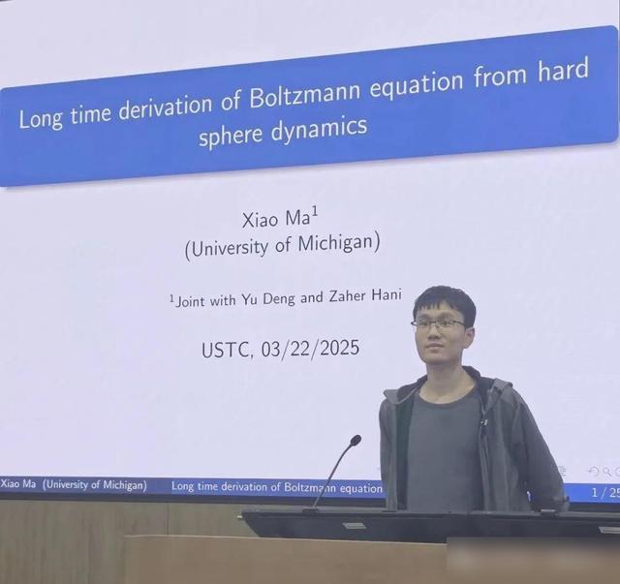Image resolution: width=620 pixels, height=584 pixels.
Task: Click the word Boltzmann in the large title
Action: (305, 93)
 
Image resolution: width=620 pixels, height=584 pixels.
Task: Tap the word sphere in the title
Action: (231, 136)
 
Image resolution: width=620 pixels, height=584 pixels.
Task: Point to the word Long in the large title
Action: (42, 118)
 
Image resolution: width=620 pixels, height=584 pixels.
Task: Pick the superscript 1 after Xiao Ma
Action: (315, 214)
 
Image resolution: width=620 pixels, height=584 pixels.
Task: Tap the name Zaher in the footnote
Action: (347, 296)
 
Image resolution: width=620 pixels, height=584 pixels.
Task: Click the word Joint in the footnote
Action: (191, 301)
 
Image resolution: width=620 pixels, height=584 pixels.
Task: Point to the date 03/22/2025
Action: (310, 349)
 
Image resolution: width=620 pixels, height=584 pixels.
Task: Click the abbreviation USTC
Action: (226, 351)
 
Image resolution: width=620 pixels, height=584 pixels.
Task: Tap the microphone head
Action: (356, 440)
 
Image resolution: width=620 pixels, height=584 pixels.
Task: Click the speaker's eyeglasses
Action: (439, 323)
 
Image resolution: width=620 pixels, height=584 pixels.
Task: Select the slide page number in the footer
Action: (605, 493)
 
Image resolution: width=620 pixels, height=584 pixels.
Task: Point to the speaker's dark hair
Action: (444, 302)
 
